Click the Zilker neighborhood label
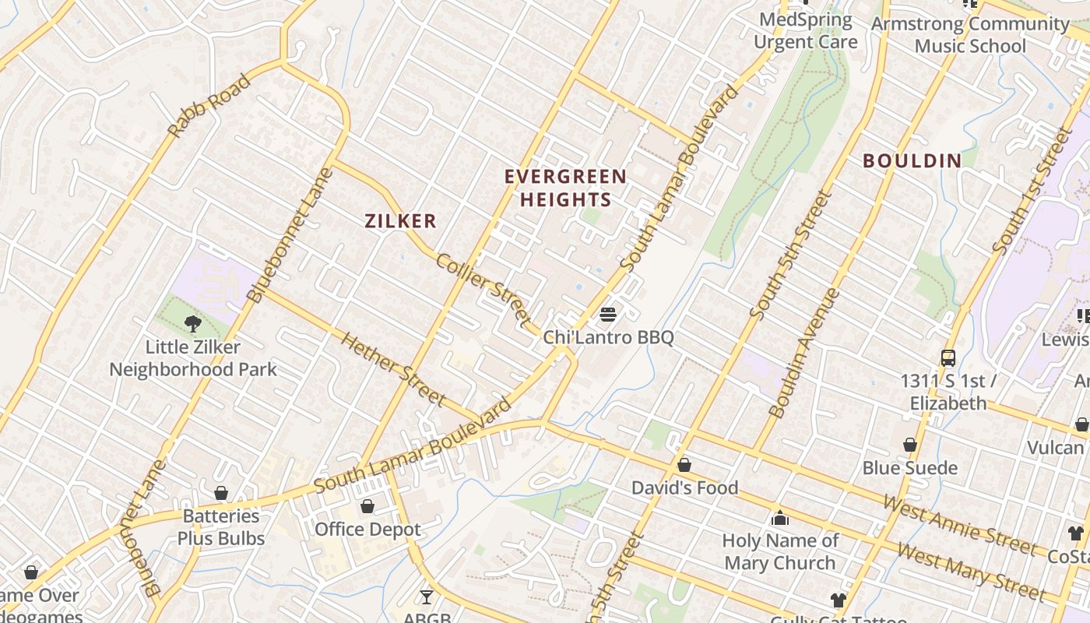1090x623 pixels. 401,221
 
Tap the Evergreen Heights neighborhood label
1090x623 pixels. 565,188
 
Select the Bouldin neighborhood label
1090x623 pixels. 912,161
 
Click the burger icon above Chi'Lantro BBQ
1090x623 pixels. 608,315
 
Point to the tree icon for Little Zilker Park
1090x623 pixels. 192,323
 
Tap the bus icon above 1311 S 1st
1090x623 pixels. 948,358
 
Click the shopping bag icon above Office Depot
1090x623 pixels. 367,506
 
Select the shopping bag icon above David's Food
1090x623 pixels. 684,465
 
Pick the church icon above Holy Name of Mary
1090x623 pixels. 780,518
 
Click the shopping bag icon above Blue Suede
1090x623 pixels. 909,445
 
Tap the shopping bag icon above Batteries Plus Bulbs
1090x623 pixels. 221,493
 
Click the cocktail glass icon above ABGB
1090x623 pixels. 426,597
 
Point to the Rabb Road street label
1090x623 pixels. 209,106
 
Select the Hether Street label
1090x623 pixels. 393,370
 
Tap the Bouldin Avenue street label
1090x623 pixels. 804,353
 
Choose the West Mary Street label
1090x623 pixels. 970,571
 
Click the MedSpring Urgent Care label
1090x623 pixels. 806,31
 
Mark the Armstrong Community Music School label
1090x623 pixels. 970,35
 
